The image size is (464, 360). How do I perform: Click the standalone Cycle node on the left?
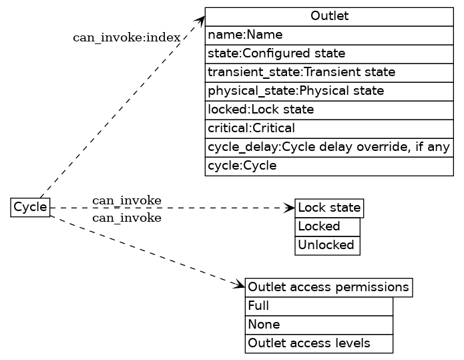tap(30, 208)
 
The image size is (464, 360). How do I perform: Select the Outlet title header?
tap(329, 16)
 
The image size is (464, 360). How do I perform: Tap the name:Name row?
tap(329, 35)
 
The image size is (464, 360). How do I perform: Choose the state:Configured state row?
tap(329, 53)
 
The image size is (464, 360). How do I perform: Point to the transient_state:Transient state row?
tap(329, 72)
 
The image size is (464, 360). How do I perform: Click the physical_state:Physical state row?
tap(329, 91)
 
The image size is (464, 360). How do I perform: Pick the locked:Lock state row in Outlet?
tap(329, 110)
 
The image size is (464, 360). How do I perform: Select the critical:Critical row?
tap(329, 128)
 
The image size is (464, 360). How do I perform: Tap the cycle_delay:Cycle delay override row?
tap(329, 147)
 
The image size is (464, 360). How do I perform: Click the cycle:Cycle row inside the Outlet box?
tap(329, 166)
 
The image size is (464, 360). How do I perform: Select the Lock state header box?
tap(329, 208)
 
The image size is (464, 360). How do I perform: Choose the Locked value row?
tap(327, 227)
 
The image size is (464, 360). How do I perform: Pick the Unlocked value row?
tap(327, 246)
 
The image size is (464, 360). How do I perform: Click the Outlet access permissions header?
tap(328, 287)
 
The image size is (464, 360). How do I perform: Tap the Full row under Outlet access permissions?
tap(318, 307)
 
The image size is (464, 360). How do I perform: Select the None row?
tap(318, 325)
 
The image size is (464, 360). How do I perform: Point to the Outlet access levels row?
tap(318, 344)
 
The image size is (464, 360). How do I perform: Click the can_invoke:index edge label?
tap(126, 37)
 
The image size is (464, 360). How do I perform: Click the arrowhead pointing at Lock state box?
tap(290, 208)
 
